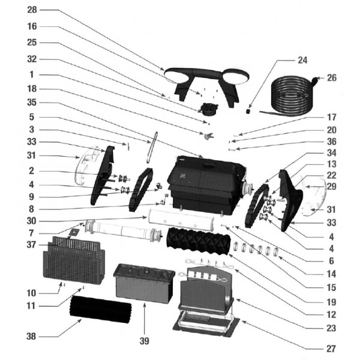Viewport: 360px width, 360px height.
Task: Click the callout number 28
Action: [x=32, y=11]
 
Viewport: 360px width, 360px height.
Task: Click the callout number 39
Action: [x=144, y=341]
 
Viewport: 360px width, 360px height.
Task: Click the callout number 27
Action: [x=332, y=349]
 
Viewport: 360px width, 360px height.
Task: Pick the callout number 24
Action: [x=302, y=61]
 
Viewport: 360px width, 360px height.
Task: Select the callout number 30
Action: [x=32, y=220]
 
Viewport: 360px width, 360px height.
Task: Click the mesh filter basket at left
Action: [x=74, y=262]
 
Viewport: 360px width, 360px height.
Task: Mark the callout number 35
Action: [x=32, y=102]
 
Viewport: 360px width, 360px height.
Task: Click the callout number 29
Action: [x=332, y=187]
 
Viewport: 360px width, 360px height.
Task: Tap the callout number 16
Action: [x=32, y=26]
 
